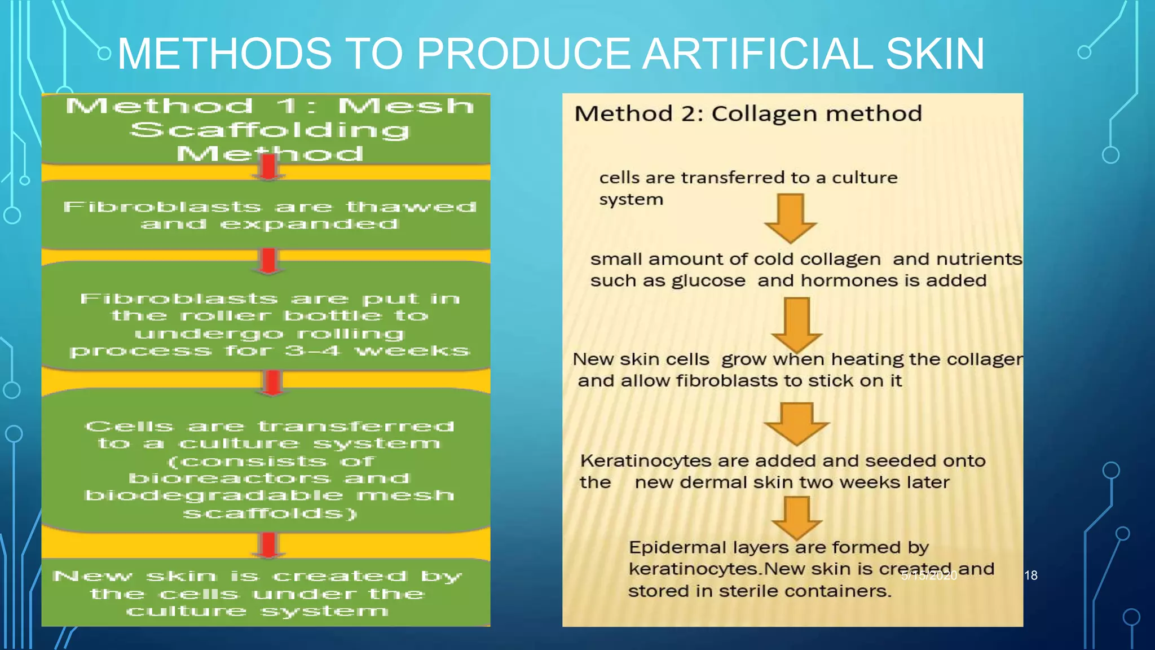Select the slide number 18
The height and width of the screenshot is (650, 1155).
(x=1030, y=575)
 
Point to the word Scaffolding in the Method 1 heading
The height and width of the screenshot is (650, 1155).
(x=270, y=130)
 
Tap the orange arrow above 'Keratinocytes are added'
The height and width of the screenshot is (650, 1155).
(x=796, y=423)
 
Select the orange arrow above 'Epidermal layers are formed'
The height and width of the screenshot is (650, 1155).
(x=796, y=517)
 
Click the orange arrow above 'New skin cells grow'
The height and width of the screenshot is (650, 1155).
(x=796, y=324)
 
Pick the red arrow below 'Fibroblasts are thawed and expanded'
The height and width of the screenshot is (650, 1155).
(x=269, y=261)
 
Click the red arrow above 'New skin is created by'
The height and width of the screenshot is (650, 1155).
(x=269, y=545)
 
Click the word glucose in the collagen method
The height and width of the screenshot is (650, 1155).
(x=708, y=281)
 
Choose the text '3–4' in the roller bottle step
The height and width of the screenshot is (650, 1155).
(x=312, y=351)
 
